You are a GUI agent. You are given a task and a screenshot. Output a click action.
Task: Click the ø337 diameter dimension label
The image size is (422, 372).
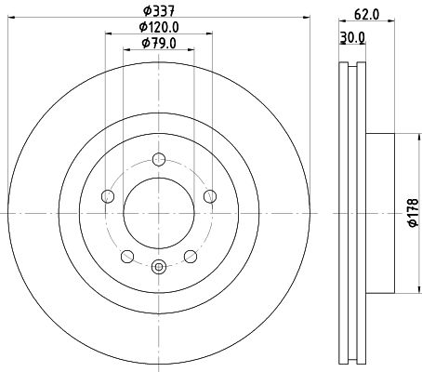[x=159, y=12]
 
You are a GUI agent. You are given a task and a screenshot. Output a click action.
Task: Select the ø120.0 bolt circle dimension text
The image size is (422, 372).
[x=159, y=28]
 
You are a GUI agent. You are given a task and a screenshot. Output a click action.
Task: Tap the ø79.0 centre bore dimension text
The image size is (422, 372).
[x=159, y=44]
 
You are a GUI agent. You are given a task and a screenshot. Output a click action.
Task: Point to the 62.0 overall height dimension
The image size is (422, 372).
[x=366, y=15]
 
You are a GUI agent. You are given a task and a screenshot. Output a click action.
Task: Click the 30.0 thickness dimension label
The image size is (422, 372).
[x=352, y=37]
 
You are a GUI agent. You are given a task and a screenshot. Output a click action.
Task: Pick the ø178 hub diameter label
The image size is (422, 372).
[x=413, y=213]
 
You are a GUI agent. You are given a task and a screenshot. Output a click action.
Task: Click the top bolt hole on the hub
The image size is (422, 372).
[x=159, y=160]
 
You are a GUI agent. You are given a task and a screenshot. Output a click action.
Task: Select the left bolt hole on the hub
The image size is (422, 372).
[x=108, y=196]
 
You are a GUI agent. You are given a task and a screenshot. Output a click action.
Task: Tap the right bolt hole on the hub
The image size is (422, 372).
[x=210, y=196]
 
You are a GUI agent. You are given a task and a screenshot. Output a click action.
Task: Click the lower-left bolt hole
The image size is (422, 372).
[x=127, y=257]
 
